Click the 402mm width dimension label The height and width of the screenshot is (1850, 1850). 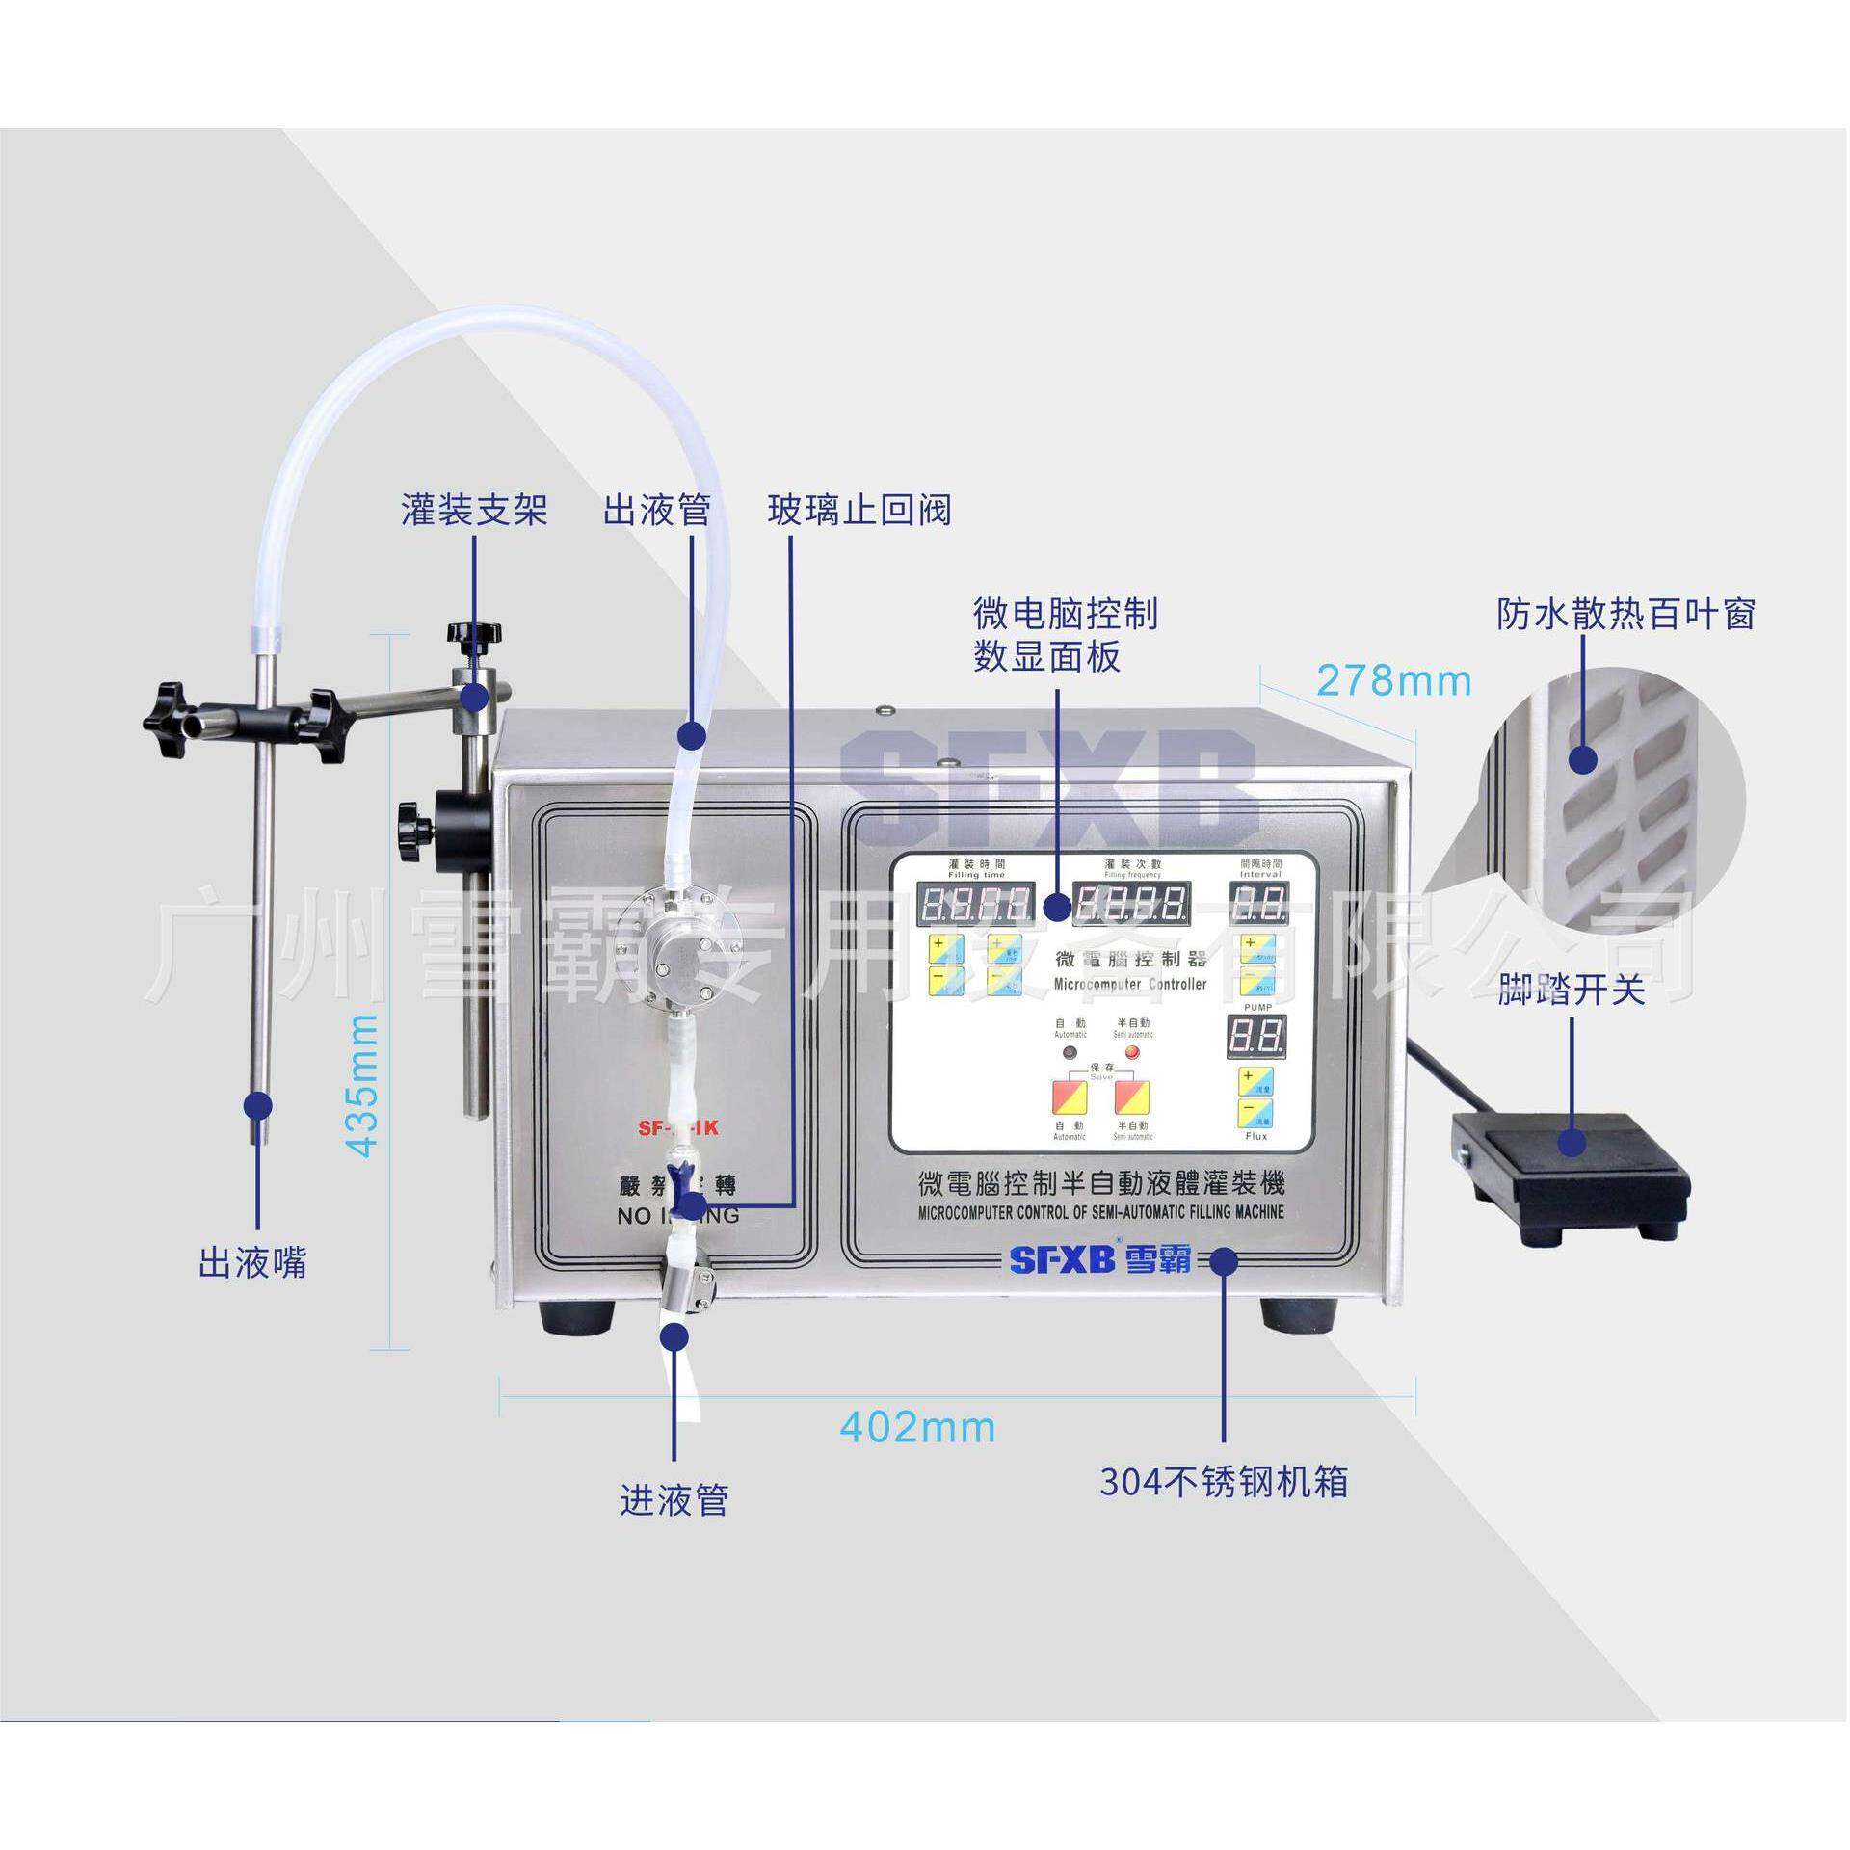(917, 1426)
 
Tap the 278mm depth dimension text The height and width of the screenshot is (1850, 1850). (1393, 681)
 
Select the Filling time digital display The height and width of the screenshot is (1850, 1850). (978, 904)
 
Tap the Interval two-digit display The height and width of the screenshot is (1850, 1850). (1257, 904)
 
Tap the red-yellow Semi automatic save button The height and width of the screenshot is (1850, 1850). (1131, 1095)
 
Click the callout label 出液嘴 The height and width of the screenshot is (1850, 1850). (252, 1262)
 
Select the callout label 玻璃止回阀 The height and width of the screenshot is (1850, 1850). (859, 510)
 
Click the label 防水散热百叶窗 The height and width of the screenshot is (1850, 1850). (1626, 614)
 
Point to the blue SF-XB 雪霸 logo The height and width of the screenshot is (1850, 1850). (1099, 1258)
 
